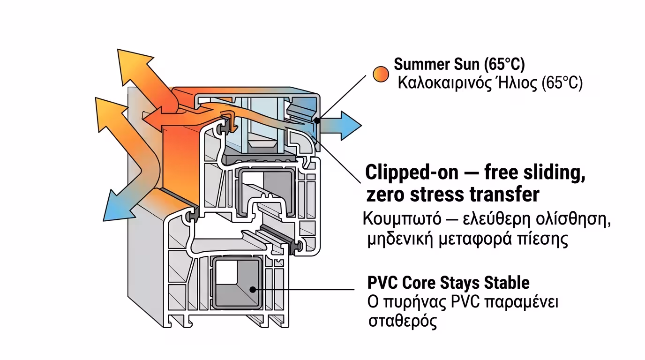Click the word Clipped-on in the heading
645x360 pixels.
point(412,172)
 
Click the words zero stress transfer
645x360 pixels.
point(452,194)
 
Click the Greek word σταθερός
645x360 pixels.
point(402,322)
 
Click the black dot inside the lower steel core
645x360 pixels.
point(253,289)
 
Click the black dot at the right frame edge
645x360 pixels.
point(317,120)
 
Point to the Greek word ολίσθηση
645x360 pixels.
point(576,219)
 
